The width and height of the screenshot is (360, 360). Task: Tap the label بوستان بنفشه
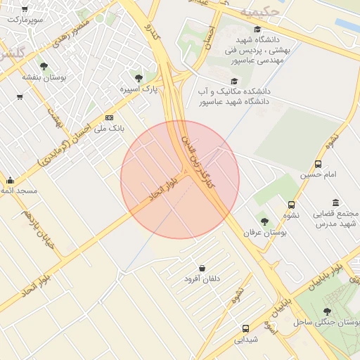point(44,77)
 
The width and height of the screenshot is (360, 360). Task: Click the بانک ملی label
point(108,129)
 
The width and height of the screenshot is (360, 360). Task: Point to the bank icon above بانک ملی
point(109,117)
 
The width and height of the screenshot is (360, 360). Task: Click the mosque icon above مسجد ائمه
point(10,181)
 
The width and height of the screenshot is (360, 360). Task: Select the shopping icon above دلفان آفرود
point(202,268)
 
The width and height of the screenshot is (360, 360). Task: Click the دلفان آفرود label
point(202,279)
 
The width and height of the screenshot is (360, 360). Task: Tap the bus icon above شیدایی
point(245,328)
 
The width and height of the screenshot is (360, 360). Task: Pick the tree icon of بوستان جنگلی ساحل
point(326,311)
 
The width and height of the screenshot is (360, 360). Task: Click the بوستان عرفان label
point(262,232)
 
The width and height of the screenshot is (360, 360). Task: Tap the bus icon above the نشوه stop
point(291,205)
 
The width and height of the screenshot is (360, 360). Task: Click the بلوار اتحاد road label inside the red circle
point(162,188)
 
